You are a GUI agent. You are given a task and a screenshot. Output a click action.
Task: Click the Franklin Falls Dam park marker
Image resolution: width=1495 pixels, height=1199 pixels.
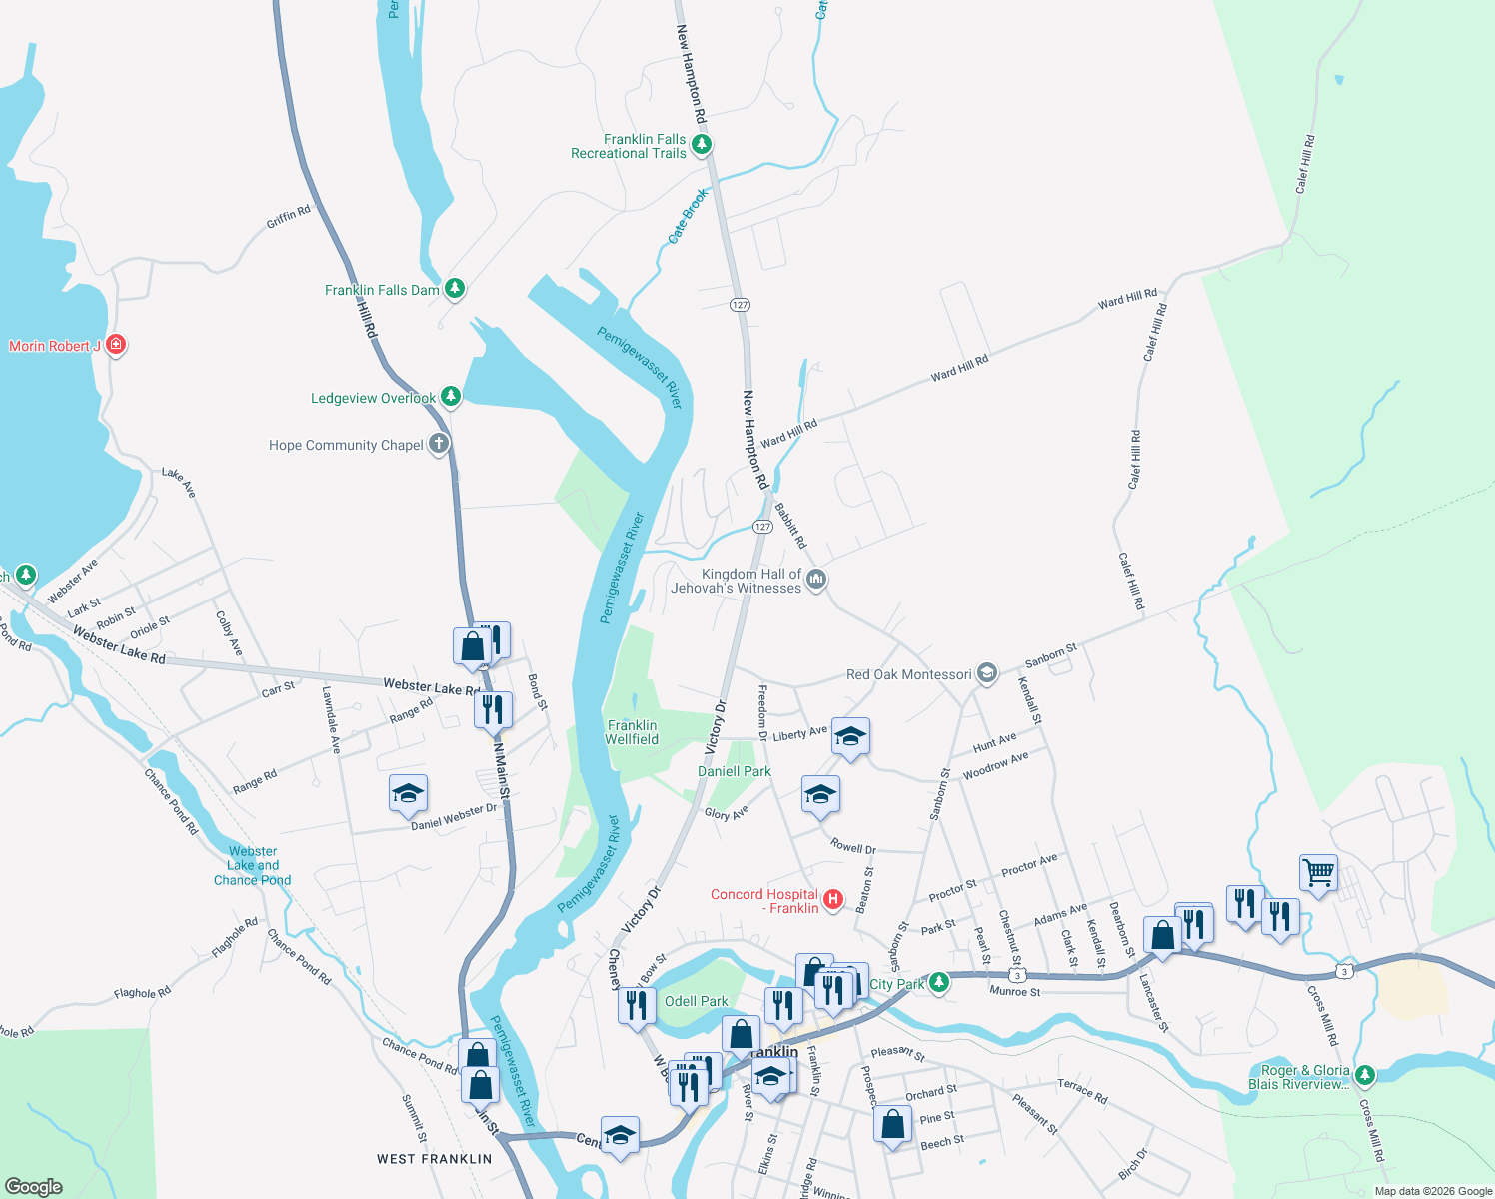(x=455, y=289)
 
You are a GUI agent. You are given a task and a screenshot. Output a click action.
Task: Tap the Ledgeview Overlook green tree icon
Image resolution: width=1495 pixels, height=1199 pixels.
(x=451, y=397)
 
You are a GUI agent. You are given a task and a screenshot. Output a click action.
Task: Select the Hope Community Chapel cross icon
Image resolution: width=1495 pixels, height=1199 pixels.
(x=439, y=444)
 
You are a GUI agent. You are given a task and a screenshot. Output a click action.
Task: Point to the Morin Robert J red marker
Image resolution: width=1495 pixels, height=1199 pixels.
(x=116, y=345)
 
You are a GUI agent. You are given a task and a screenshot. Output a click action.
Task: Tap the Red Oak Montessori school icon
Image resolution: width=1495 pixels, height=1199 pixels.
(x=987, y=673)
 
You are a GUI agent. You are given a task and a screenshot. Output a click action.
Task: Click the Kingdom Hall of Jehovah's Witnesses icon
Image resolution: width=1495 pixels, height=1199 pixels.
(x=816, y=580)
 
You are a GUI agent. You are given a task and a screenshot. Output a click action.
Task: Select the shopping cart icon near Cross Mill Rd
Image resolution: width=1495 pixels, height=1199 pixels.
(x=1318, y=873)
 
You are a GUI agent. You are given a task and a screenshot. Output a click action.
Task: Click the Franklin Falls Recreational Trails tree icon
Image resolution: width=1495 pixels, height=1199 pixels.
(x=702, y=146)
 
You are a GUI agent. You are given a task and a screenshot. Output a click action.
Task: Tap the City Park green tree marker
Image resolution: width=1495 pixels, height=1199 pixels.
(x=938, y=983)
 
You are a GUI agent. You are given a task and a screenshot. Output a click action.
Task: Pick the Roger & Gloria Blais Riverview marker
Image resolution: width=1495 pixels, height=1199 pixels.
(x=1364, y=1076)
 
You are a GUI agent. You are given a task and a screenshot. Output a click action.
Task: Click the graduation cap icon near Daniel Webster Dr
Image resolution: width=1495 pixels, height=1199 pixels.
(x=408, y=794)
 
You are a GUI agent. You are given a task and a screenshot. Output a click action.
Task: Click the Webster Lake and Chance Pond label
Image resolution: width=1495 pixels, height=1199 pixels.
(x=253, y=866)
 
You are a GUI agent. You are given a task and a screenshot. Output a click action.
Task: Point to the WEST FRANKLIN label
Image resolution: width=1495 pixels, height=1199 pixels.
(x=434, y=1159)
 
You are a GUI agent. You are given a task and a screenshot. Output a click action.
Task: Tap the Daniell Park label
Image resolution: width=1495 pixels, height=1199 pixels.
(x=735, y=771)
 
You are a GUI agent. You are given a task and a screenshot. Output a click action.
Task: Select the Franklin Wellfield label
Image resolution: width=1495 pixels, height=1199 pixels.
(x=632, y=732)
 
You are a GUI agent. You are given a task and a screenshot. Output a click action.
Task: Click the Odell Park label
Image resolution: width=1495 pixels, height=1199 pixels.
(x=697, y=1001)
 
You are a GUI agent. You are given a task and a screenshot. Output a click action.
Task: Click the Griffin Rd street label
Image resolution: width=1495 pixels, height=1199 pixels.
(x=288, y=216)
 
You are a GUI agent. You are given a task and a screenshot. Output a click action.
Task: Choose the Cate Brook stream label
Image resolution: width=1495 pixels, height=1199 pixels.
(x=687, y=216)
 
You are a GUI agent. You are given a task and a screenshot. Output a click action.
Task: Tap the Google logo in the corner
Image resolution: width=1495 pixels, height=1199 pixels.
(x=33, y=1186)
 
